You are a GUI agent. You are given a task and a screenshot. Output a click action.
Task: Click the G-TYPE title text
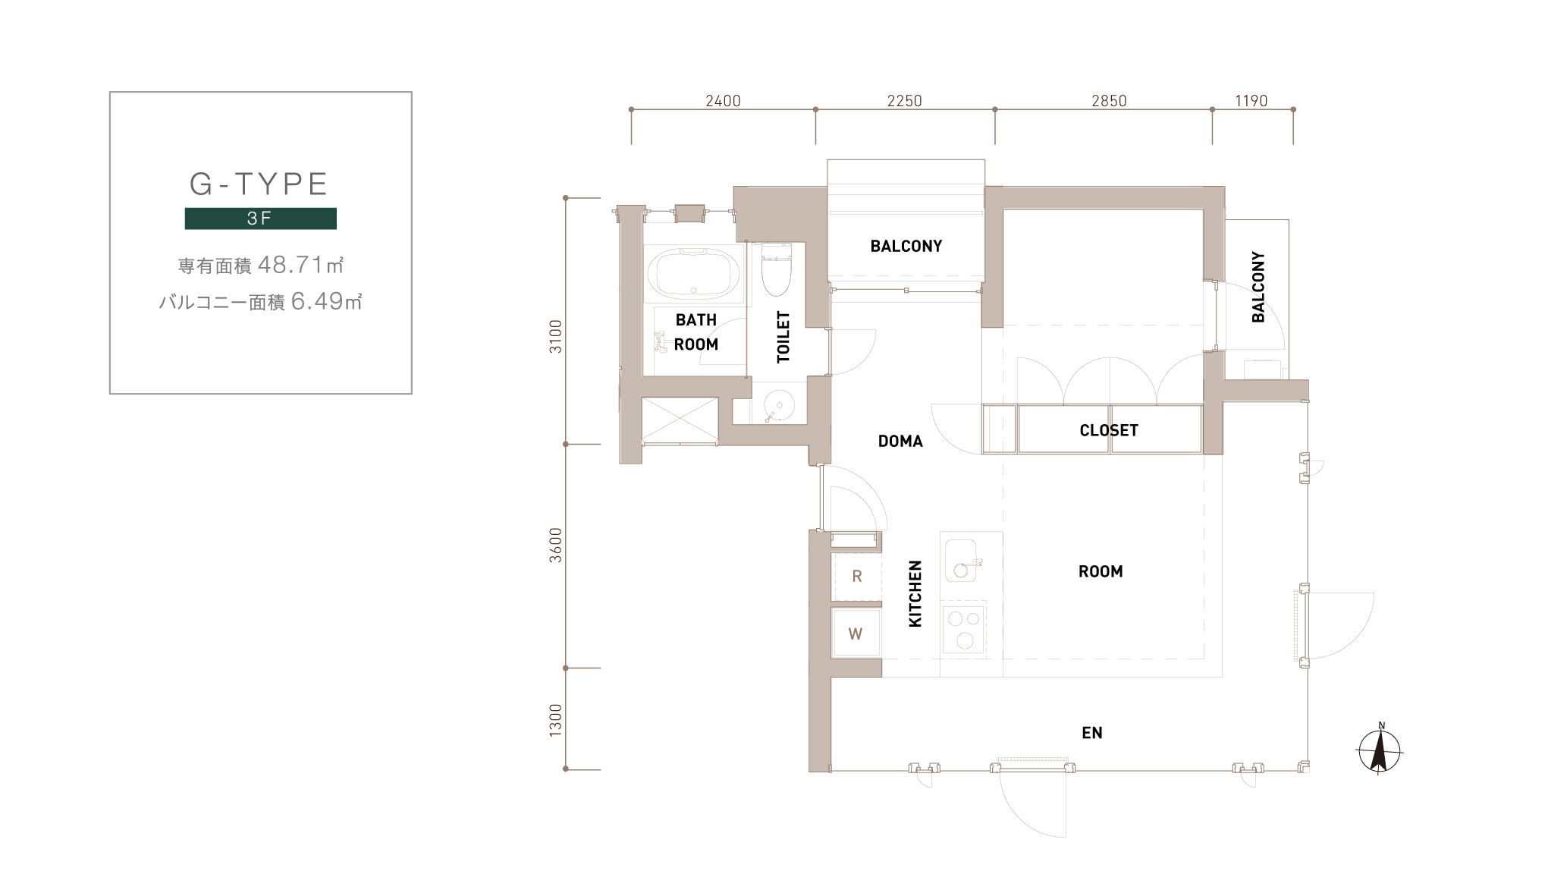259,184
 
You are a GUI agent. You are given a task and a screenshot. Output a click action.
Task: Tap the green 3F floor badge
260,219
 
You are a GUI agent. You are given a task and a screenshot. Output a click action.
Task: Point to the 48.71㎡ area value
300,265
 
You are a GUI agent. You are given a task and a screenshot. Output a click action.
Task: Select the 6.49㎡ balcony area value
326,301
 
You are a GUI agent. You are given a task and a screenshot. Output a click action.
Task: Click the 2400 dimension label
723,101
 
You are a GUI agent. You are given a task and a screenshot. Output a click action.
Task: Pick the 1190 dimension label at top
1251,101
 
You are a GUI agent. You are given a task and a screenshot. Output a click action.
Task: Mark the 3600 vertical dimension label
556,545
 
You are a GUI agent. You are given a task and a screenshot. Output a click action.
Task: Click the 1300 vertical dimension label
556,720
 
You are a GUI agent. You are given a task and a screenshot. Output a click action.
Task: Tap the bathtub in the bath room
696,274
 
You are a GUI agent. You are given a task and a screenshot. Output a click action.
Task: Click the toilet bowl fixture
775,269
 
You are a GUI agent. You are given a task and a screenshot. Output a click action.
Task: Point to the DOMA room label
900,441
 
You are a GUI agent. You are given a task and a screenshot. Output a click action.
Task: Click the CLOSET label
1109,430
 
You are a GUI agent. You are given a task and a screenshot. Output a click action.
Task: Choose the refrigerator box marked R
856,577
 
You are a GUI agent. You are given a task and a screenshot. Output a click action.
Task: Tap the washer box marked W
856,634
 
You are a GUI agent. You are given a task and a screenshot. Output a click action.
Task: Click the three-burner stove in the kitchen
964,629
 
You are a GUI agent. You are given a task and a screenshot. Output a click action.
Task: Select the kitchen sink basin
961,561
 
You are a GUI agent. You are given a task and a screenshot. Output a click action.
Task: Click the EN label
1092,733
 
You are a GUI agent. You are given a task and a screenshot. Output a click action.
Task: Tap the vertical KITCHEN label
915,594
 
